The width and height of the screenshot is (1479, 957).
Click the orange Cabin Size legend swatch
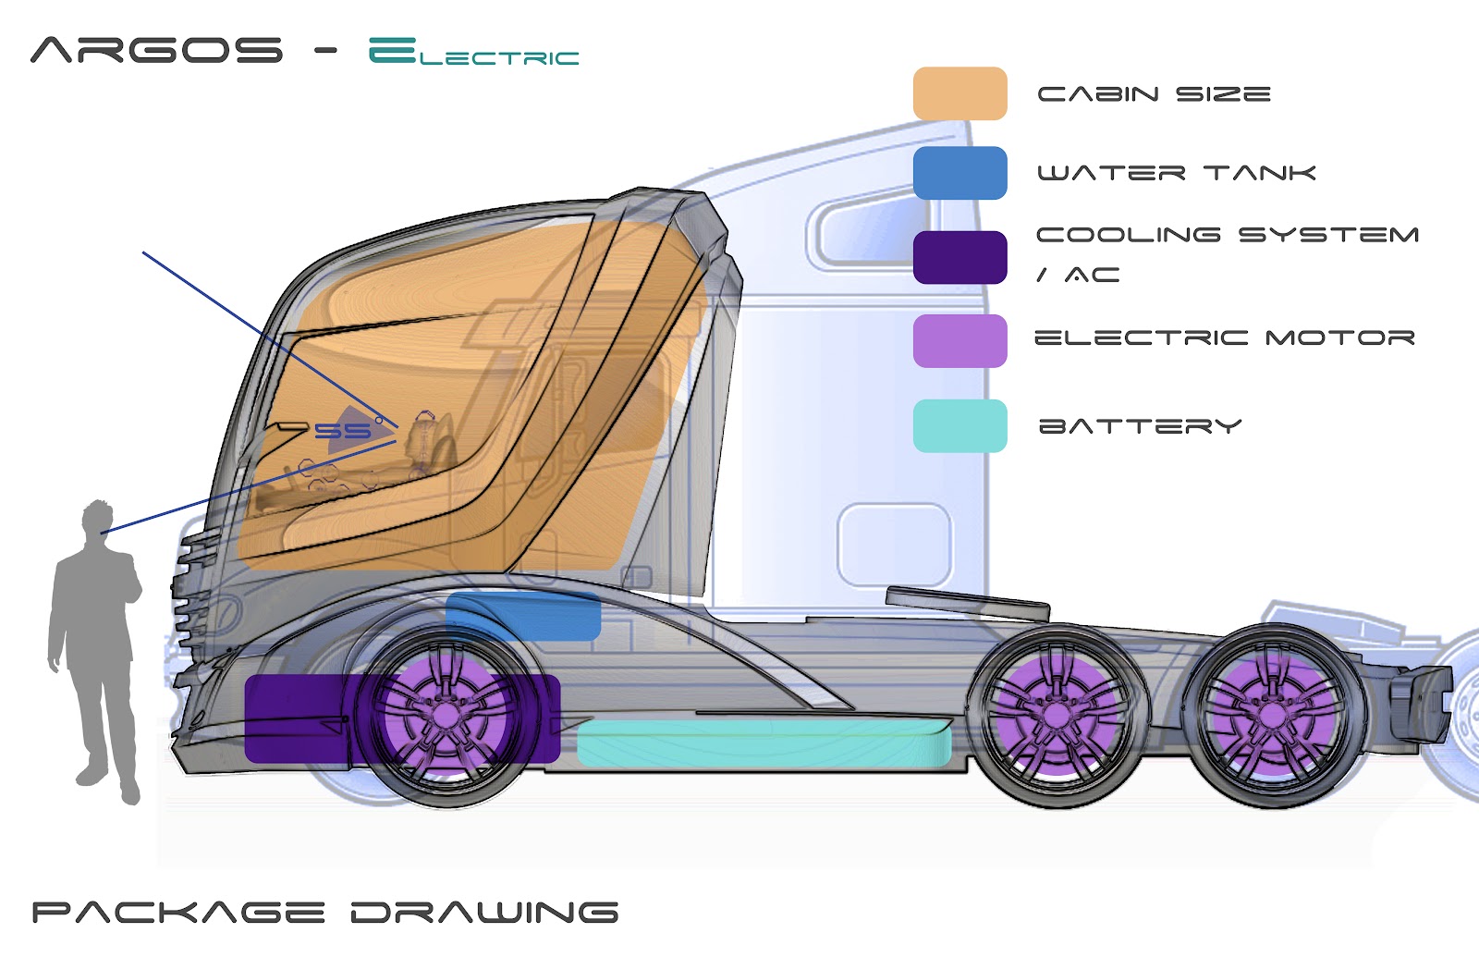pyautogui.click(x=960, y=93)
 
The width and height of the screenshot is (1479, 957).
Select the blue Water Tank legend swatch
pyautogui.click(x=960, y=173)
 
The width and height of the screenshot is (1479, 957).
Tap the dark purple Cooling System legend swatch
pyautogui.click(x=960, y=257)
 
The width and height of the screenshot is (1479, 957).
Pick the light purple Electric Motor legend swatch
pyautogui.click(x=960, y=340)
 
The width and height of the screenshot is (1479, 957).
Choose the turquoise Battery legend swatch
pyautogui.click(x=960, y=425)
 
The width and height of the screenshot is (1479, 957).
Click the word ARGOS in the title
pyautogui.click(x=156, y=50)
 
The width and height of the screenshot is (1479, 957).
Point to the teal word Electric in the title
pyautogui.click(x=473, y=53)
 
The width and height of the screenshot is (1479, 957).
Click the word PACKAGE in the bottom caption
pyautogui.click(x=178, y=913)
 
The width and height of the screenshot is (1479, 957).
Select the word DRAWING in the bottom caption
pyautogui.click(x=484, y=913)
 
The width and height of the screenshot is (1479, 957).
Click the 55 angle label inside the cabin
pyautogui.click(x=342, y=431)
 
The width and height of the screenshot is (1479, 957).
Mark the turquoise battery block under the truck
pyautogui.click(x=763, y=744)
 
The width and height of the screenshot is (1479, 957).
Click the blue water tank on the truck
pyautogui.click(x=523, y=617)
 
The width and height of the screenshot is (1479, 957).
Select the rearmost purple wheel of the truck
pyautogui.click(x=1273, y=715)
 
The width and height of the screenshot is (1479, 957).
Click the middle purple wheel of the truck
pyautogui.click(x=1056, y=715)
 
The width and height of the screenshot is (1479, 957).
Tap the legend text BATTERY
pyautogui.click(x=1140, y=426)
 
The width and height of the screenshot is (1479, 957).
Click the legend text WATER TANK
pyautogui.click(x=1176, y=173)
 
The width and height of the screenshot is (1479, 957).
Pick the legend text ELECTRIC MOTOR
pyautogui.click(x=1224, y=338)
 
